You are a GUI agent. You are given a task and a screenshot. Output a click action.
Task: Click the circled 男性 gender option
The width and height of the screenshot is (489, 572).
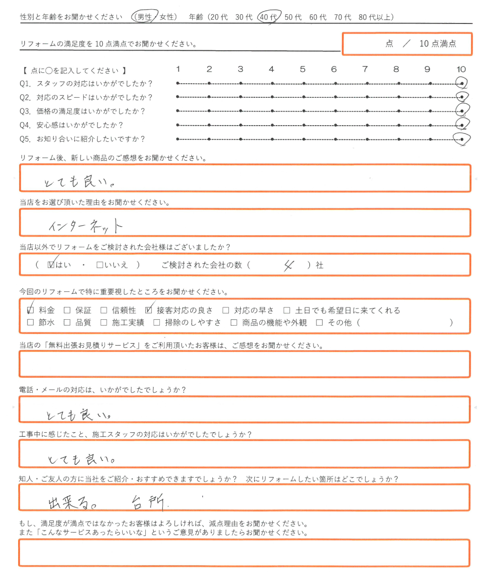[145, 17]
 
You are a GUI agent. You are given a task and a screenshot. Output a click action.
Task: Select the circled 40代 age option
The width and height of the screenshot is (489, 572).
[268, 17]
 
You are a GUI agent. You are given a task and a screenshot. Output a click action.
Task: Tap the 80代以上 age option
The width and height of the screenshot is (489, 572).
[376, 17]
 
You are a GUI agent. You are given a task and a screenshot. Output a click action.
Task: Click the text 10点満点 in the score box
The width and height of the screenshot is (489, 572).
[438, 44]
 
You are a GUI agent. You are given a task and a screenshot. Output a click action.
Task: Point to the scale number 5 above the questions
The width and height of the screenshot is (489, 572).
[303, 69]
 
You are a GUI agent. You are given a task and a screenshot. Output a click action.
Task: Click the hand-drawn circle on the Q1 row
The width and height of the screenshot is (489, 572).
[462, 84]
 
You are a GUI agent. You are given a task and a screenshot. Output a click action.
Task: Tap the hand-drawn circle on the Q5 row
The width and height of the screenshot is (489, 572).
[462, 139]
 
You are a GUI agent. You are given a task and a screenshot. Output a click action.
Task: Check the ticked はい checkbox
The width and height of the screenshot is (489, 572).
[51, 265]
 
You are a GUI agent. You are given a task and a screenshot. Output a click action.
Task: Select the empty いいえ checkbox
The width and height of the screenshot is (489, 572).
[100, 265]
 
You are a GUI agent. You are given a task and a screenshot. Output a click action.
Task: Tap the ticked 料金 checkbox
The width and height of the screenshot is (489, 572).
[31, 310]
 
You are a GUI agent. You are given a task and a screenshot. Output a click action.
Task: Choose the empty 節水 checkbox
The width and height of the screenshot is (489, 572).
[31, 323]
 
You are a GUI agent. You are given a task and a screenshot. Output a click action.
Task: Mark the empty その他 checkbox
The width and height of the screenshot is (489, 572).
[320, 323]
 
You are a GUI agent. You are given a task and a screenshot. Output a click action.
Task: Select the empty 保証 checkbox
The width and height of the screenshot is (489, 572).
[67, 310]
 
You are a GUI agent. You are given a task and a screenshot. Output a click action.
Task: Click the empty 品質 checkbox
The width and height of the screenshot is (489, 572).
[67, 323]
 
